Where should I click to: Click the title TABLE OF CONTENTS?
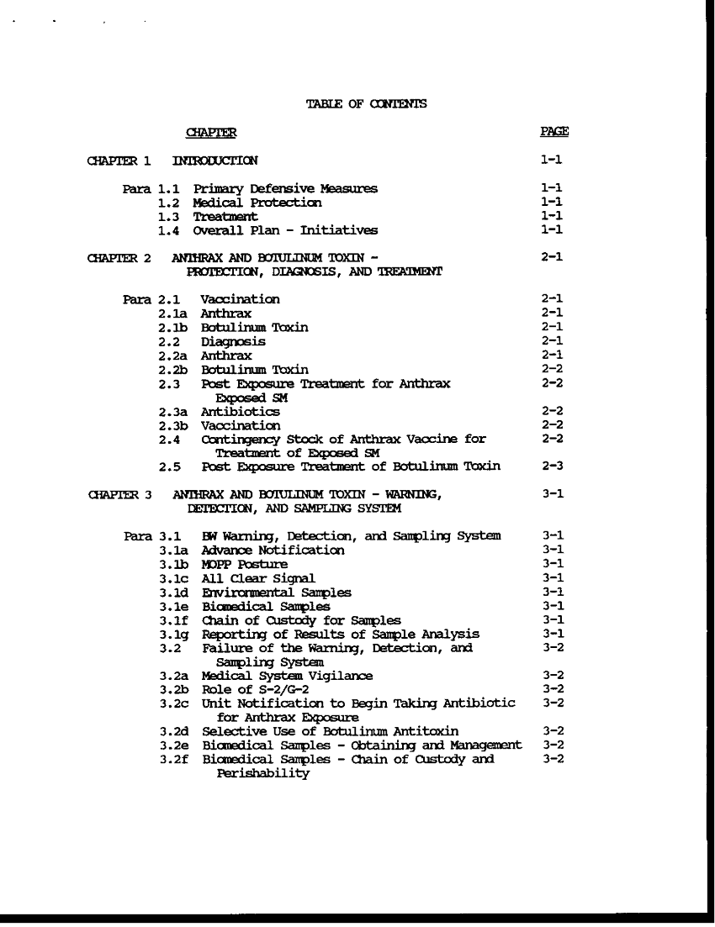[366, 104]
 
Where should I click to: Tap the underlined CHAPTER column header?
[210, 133]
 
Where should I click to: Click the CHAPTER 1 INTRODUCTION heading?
[172, 161]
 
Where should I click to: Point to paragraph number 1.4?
[169, 229]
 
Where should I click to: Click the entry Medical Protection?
[257, 203]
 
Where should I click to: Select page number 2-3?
[553, 466]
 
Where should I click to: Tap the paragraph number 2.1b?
[172, 327]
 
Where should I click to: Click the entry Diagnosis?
[233, 341]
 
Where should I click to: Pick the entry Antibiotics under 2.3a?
[240, 412]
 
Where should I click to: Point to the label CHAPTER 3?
[119, 494]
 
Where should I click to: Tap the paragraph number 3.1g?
[173, 634]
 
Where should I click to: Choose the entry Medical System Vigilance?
[287, 675]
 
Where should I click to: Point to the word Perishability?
[263, 773]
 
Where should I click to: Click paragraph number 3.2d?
[173, 731]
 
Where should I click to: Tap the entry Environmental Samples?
[277, 593]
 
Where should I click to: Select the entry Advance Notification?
[273, 550]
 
